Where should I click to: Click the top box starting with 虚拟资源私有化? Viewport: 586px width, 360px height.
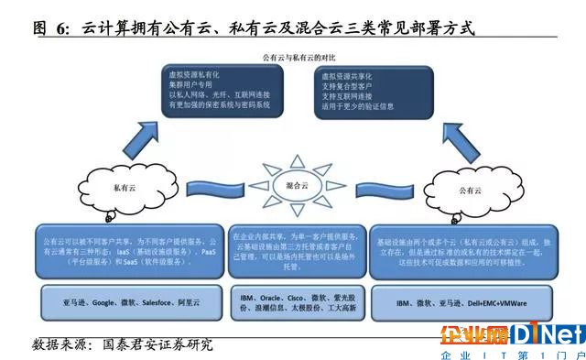[220, 93]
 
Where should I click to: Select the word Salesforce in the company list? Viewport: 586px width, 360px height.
[160, 301]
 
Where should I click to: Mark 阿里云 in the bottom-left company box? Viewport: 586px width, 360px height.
[201, 301]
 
